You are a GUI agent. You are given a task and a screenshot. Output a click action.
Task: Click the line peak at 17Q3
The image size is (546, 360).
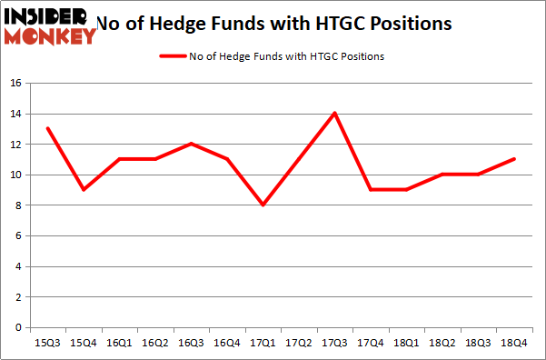pyautogui.click(x=335, y=113)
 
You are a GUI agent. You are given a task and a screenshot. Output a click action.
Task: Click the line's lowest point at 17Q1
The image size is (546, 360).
pyautogui.click(x=263, y=205)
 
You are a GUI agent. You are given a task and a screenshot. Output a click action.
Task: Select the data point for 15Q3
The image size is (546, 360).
pyautogui.click(x=47, y=128)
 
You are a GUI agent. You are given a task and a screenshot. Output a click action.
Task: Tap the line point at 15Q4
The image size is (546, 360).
pyautogui.click(x=84, y=189)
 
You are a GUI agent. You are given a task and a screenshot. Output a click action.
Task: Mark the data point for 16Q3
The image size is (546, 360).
pyautogui.click(x=192, y=144)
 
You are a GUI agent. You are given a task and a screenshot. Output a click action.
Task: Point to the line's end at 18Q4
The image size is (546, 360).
pyautogui.click(x=514, y=159)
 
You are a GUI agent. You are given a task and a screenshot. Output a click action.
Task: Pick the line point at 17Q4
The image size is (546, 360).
pyautogui.click(x=372, y=189)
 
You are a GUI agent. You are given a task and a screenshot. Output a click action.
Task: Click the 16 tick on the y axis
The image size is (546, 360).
pyautogui.click(x=15, y=83)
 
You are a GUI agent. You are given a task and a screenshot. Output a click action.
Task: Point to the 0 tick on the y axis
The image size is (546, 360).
pyautogui.click(x=18, y=327)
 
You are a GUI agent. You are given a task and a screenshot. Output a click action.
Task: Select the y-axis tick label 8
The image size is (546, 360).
pyautogui.click(x=18, y=205)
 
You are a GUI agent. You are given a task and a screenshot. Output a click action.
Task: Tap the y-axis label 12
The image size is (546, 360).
pyautogui.click(x=15, y=144)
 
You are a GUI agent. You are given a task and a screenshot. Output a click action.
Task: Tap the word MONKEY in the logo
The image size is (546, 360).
pyautogui.click(x=51, y=35)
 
